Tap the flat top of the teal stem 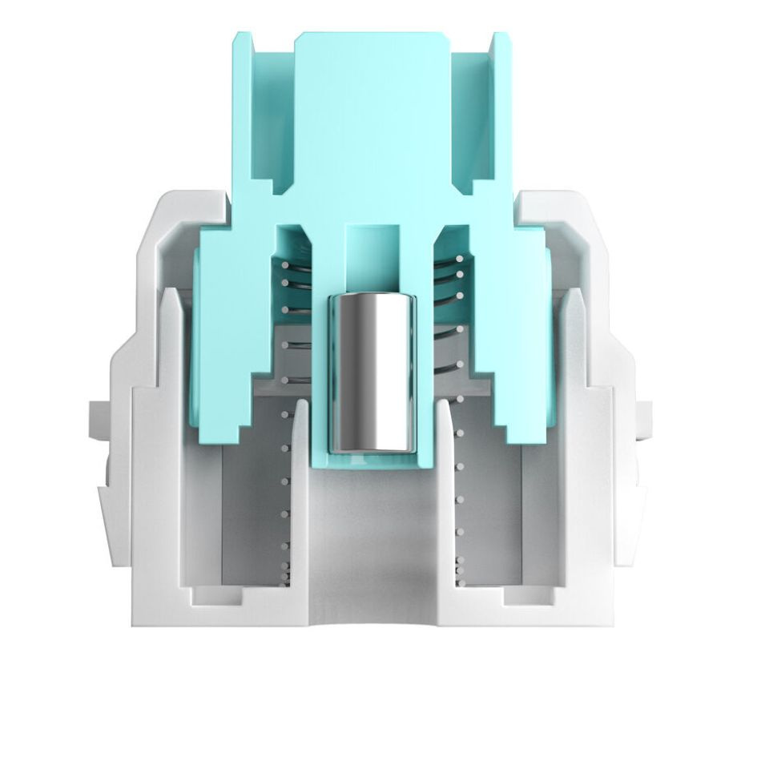click(x=372, y=96)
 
